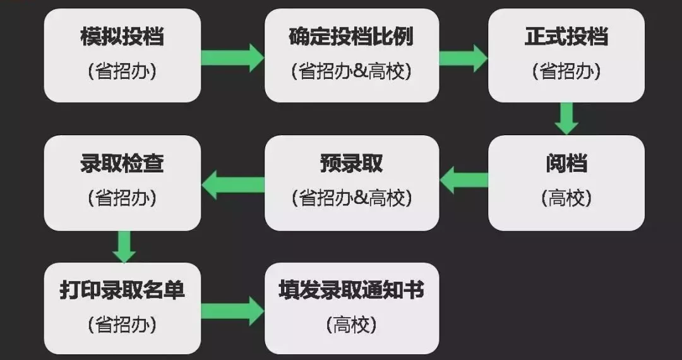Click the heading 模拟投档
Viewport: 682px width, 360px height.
[x=122, y=37]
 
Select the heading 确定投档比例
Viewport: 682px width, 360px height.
[x=351, y=37]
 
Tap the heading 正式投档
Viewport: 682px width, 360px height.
[x=566, y=37]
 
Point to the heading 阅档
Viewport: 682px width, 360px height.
[x=566, y=164]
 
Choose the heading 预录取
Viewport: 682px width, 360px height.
[x=351, y=164]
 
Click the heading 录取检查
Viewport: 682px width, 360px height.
[x=122, y=164]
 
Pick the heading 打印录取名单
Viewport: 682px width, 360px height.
[x=122, y=291]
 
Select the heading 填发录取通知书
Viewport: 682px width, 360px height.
[x=351, y=291]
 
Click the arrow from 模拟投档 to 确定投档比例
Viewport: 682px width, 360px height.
[x=232, y=57]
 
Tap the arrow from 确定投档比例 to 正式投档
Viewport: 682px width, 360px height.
[x=463, y=57]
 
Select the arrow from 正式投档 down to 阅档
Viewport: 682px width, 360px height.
[x=566, y=118]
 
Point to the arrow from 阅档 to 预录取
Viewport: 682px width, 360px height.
[x=464, y=181]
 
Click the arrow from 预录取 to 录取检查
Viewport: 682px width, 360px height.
[x=232, y=184]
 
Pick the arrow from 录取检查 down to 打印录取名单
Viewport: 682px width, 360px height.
[x=124, y=246]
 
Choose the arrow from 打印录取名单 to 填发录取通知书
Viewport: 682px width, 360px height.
[x=232, y=310]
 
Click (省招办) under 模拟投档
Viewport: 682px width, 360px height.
[x=122, y=71]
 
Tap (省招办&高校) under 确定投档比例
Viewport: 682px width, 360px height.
[x=351, y=71]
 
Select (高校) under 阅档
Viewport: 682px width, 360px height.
[x=566, y=198]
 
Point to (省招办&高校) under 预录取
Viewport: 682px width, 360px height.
[x=351, y=198]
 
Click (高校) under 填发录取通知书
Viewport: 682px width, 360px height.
[x=351, y=325]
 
